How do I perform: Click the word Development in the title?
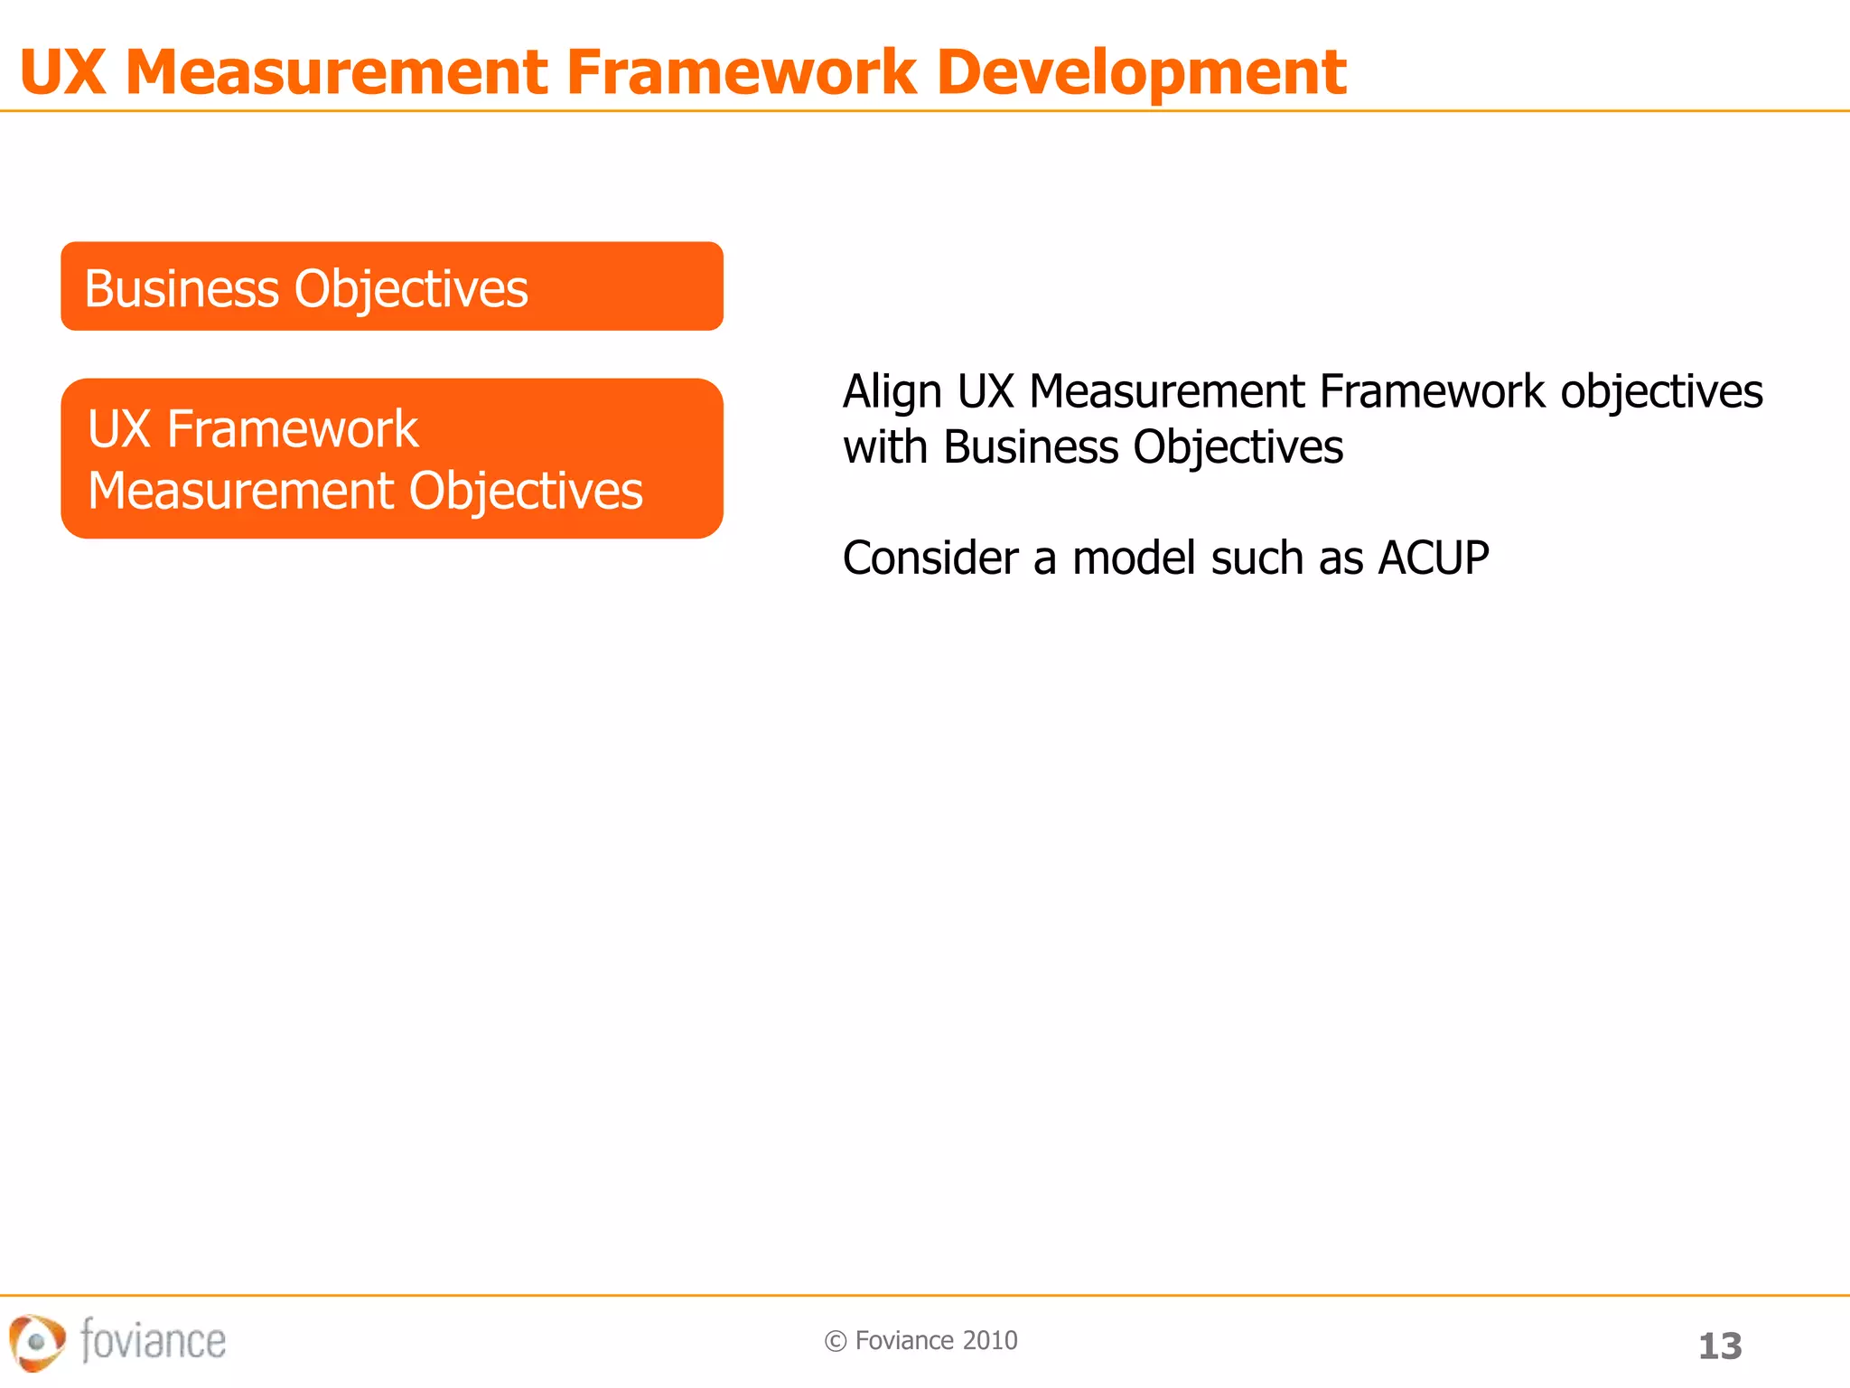point(1141,72)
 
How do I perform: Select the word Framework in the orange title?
point(741,72)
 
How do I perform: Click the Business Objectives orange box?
point(391,286)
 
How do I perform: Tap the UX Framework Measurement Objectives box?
point(391,458)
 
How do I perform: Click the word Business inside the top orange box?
point(182,289)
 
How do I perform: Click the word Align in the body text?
point(892,392)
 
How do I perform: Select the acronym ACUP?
point(1433,558)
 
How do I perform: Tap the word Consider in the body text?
point(930,558)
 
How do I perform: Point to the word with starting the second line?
point(884,447)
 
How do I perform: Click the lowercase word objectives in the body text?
point(1661,392)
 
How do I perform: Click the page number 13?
point(1719,1346)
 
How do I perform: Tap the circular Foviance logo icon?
point(36,1342)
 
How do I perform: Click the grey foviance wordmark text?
point(153,1340)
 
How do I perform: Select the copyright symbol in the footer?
point(835,1341)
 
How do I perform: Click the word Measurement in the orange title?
point(336,72)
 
